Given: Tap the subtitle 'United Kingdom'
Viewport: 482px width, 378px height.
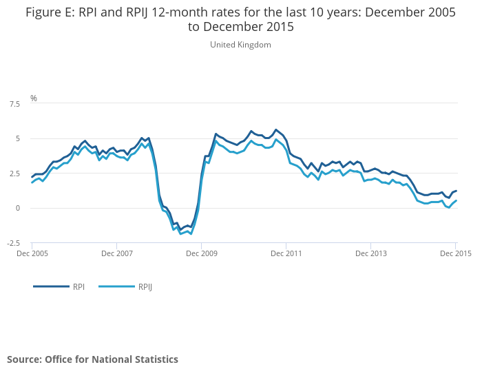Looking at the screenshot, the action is coord(241,45).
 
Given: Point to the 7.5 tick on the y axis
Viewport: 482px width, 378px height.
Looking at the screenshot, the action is coord(14,104).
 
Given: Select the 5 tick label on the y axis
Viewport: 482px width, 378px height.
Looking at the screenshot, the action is coord(18,138).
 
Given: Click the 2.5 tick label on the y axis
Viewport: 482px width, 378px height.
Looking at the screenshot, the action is coord(14,174).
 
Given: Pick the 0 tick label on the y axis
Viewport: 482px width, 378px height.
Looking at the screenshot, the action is coord(18,208).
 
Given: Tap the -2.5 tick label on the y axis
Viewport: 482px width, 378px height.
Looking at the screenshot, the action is coord(14,243).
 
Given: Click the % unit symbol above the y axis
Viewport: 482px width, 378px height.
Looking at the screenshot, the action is coord(34,98).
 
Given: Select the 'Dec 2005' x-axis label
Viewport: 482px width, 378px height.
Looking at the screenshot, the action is coord(32,253).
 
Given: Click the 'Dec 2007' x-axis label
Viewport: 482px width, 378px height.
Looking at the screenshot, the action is coord(117,253).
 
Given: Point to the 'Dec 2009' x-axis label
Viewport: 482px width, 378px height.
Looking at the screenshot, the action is coord(202,253).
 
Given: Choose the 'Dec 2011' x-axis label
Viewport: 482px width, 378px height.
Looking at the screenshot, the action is coord(286,253).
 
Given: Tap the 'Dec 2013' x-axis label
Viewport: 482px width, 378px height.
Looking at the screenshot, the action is coord(371,253).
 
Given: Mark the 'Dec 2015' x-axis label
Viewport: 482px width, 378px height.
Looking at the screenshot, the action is coord(456,253).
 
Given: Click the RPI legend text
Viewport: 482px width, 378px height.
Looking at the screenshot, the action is coord(78,287).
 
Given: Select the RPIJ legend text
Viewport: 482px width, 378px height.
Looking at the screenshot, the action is coord(145,287).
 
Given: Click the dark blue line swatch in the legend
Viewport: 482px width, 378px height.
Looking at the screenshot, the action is coord(52,286).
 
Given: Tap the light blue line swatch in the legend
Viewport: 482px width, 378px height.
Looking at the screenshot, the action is coord(117,286).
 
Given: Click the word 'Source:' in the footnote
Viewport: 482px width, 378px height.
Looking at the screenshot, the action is coord(25,359).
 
